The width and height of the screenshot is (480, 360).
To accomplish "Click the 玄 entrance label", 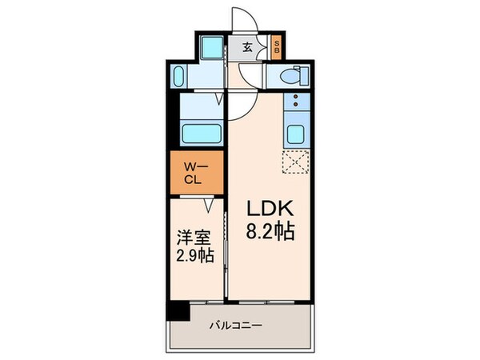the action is pyautogui.click(x=247, y=46).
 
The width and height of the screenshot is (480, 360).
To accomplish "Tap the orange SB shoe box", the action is pyautogui.click(x=276, y=46).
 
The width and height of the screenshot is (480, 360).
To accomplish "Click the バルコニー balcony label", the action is pyautogui.click(x=238, y=326).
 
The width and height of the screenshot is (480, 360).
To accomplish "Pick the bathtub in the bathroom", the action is pyautogui.click(x=201, y=132).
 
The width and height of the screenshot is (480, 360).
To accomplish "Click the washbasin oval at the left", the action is pyautogui.click(x=178, y=78).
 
